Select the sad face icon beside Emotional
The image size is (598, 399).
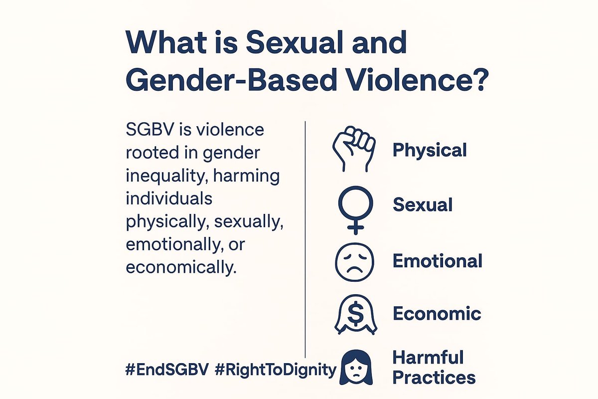point(355,261)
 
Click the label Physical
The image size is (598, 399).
point(430,150)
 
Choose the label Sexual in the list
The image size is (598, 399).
point(423,204)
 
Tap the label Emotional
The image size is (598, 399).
point(438,261)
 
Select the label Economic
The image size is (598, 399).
point(437,314)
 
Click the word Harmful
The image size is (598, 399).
point(428,358)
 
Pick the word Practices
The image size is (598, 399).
point(434,377)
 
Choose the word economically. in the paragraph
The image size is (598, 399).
point(180,267)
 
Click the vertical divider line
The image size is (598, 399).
point(304,239)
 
